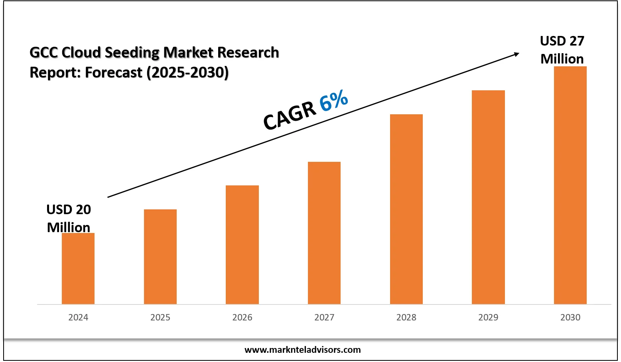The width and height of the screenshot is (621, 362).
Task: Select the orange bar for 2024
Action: click(78, 269)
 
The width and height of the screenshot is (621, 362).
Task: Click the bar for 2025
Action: click(160, 257)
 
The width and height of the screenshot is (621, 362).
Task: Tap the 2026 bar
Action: click(242, 245)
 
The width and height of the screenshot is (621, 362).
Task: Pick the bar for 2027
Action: click(324, 233)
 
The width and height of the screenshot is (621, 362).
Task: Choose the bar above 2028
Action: click(406, 209)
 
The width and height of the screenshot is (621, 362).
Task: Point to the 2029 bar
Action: click(488, 197)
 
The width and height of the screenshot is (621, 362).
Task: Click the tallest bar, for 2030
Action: click(570, 185)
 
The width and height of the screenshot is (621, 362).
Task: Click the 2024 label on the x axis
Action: click(78, 318)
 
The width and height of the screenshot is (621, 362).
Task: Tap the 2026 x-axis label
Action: click(242, 318)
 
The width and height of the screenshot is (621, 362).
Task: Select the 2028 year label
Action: click(406, 318)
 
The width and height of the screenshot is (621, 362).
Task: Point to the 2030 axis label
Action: click(570, 318)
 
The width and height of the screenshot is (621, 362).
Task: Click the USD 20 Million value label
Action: click(69, 218)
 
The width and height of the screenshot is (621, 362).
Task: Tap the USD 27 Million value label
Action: click(562, 50)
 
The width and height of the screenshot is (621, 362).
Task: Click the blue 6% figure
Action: click(334, 101)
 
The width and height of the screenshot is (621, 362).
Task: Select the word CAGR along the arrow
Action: click(290, 115)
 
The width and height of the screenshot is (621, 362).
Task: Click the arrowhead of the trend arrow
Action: click(516, 54)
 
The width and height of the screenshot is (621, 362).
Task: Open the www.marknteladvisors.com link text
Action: click(302, 350)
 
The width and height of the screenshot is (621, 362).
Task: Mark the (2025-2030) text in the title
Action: click(187, 73)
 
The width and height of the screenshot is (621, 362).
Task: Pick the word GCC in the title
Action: click(44, 52)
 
